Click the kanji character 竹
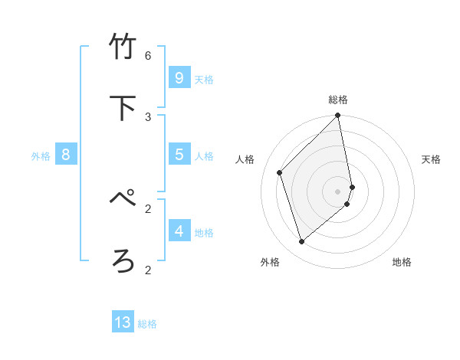pos(123,47)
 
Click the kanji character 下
pos(123,108)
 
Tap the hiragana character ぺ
pos(123,199)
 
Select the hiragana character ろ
pos(123,260)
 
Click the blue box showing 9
pos(179,78)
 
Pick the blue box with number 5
pos(179,155)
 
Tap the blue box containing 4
pos(179,231)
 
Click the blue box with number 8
pos(66,155)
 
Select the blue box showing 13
pos(123,322)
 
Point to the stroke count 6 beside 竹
pos(148,56)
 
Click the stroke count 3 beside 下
pos(148,116)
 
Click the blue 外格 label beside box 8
pos(41,156)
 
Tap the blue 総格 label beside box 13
pos(147,324)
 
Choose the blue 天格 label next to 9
pos(204,80)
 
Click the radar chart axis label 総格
pos(338,100)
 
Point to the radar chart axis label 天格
pos(431,159)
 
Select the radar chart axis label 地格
pos(402,262)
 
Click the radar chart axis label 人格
pos(245,159)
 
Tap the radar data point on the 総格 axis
pos(338,116)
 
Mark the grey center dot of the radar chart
pos(338,191)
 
